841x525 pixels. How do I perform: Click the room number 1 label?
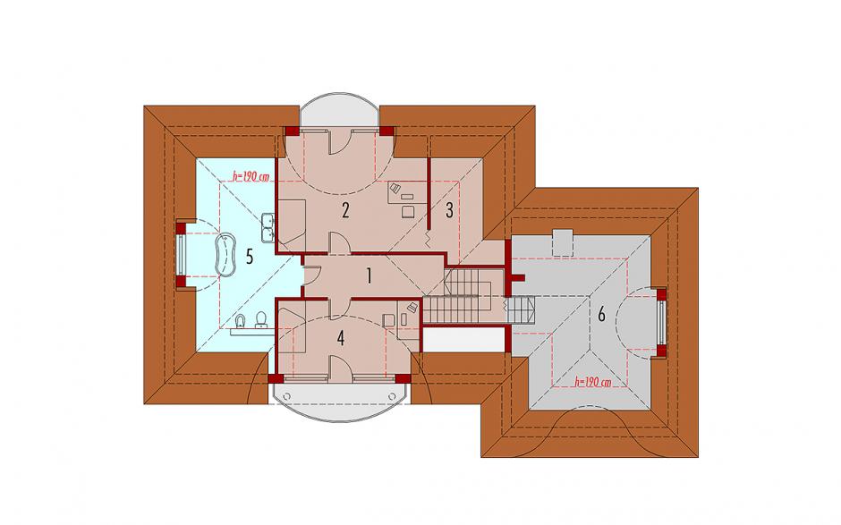click(369, 275)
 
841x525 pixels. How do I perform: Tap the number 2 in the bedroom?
click(345, 210)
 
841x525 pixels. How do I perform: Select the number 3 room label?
click(449, 209)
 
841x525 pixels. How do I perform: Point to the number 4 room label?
click(341, 338)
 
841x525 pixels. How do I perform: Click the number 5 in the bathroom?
click(249, 257)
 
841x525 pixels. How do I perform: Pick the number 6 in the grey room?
click(601, 314)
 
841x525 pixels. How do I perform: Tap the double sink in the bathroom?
click(268, 227)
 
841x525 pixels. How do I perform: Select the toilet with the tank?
click(261, 320)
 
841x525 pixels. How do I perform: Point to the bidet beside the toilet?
click(241, 321)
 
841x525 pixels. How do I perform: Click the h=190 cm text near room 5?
click(250, 176)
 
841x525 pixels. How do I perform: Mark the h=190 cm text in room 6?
click(592, 383)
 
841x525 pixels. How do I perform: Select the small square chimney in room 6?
click(563, 242)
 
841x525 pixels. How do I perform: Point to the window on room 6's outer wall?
click(662, 322)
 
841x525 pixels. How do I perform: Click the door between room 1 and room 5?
click(311, 273)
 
